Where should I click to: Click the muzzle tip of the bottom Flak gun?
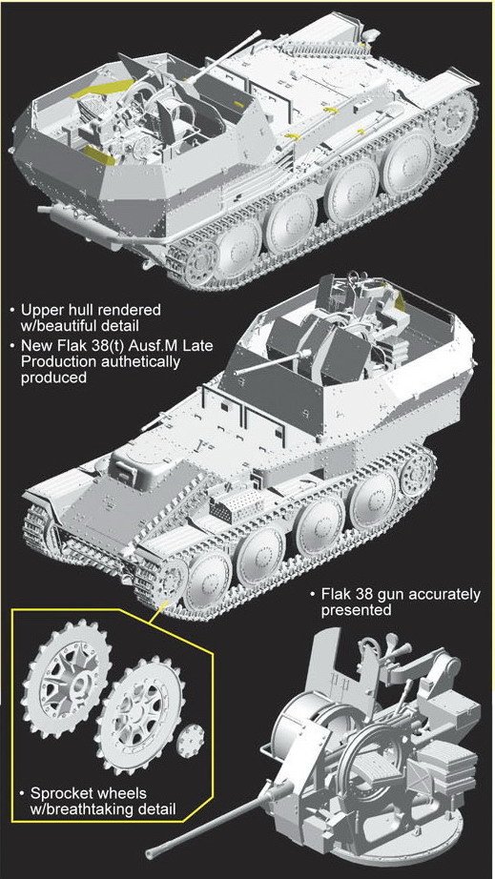tap(149, 854)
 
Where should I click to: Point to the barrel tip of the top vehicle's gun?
tap(258, 35)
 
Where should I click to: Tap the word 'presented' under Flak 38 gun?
tap(356, 610)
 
